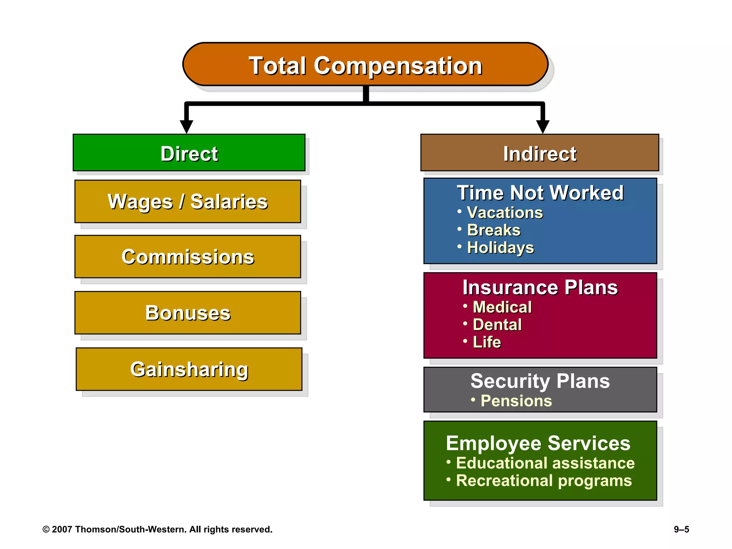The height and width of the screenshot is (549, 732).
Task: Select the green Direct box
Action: [x=189, y=153]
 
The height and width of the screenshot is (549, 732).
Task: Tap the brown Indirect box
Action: [x=540, y=153]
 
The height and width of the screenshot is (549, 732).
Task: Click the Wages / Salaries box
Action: [x=188, y=202]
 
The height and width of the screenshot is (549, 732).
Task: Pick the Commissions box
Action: [x=188, y=257]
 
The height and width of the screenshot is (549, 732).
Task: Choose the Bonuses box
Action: [x=188, y=313]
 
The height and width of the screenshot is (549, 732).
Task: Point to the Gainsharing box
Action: [x=189, y=369]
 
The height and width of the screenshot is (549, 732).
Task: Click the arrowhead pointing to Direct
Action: [x=187, y=127]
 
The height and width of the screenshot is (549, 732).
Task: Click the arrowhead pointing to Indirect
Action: [x=543, y=127]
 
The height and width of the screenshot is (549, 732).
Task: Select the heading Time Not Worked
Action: [x=540, y=193]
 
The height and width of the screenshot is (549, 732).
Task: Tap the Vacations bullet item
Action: [x=505, y=213]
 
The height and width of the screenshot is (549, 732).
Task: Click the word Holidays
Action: [x=500, y=247]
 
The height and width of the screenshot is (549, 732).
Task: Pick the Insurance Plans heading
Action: [x=540, y=287]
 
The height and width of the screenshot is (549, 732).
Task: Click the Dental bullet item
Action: [x=497, y=325]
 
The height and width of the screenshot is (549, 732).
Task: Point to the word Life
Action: [x=486, y=342]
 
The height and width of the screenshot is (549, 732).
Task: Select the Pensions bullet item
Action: [x=516, y=401]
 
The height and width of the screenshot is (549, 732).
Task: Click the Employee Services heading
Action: [x=538, y=443]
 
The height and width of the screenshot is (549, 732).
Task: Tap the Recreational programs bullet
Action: [x=543, y=480]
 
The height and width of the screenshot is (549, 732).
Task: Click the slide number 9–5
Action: [x=681, y=529]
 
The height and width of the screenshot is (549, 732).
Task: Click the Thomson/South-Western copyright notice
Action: [x=157, y=529]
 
